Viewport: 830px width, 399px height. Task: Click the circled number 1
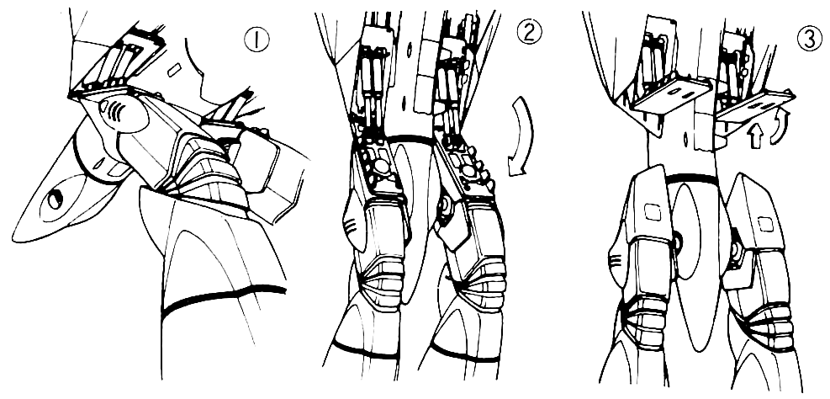[x=256, y=40]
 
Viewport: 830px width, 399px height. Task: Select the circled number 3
[x=810, y=40]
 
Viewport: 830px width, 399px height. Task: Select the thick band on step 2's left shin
[x=365, y=349]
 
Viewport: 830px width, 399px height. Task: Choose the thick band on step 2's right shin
[x=465, y=353]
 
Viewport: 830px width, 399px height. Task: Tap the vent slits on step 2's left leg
[x=350, y=227]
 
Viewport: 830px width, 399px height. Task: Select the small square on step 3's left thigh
[x=653, y=212]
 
